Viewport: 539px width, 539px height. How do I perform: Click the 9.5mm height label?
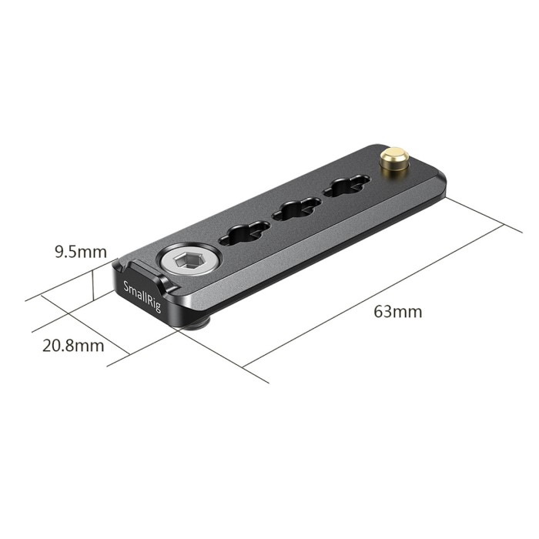click(79, 251)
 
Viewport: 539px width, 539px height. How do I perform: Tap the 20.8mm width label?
click(73, 345)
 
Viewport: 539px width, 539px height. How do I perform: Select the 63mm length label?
click(397, 312)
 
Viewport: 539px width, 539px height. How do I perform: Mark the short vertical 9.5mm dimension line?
click(93, 283)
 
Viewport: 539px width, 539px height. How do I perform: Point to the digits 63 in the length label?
click(383, 312)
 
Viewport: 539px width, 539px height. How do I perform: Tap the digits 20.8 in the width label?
click(59, 345)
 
